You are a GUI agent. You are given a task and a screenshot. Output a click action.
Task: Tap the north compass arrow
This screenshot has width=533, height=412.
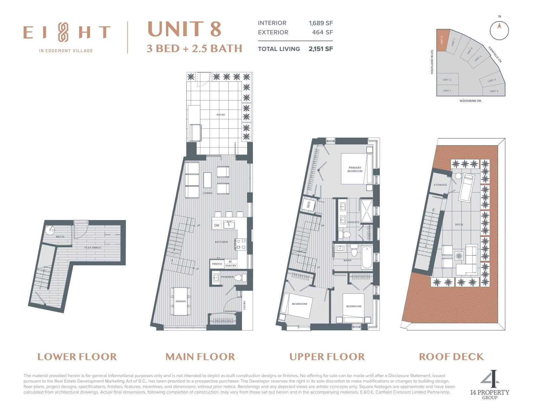(x=499, y=26)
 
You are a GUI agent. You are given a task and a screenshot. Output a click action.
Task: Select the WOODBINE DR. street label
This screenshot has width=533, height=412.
(x=470, y=101)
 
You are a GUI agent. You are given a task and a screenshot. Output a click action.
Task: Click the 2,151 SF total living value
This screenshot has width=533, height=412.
(x=320, y=49)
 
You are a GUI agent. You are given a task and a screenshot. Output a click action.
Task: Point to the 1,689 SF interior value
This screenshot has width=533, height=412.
(x=321, y=23)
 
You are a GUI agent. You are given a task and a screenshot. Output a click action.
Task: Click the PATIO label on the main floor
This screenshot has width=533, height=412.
(x=221, y=115)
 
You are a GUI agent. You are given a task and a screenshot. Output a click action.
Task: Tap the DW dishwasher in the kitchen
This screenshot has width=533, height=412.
(x=217, y=225)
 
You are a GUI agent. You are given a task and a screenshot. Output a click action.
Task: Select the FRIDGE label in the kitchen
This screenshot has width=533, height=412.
(x=217, y=264)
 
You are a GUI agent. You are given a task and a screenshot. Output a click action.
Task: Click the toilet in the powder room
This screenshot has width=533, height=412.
(x=240, y=278)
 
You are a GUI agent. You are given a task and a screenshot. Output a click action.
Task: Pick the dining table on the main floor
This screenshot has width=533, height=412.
(x=181, y=301)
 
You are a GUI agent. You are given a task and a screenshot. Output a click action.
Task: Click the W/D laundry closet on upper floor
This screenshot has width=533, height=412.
(x=308, y=204)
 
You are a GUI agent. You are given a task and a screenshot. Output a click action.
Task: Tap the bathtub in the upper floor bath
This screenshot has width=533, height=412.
(x=367, y=258)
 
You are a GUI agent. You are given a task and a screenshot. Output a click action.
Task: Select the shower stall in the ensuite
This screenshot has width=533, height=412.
(x=366, y=211)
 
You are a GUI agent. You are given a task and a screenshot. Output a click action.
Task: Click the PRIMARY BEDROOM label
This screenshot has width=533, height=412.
(x=355, y=169)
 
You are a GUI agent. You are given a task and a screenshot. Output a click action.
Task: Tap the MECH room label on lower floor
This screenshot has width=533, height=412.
(x=60, y=237)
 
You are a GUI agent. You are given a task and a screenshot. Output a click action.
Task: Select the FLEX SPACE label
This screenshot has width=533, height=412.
(x=93, y=248)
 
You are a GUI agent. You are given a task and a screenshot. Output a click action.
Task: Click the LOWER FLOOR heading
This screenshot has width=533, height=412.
(x=77, y=356)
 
